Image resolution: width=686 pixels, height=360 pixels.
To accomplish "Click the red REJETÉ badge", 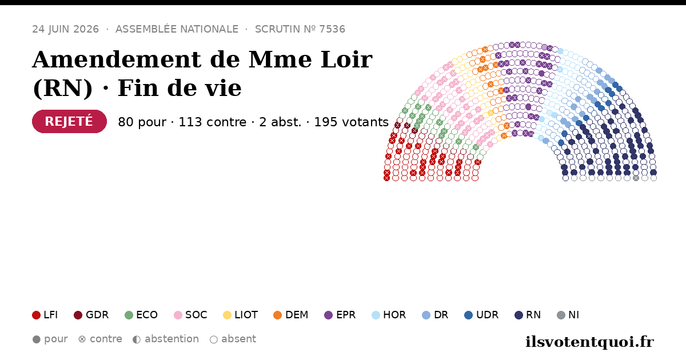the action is [x=69, y=122].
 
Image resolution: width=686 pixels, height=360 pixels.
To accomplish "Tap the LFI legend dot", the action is [x=36, y=315].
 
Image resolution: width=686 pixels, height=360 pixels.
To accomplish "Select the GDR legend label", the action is [x=97, y=315].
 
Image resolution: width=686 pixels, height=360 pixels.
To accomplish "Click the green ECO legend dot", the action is [x=129, y=315].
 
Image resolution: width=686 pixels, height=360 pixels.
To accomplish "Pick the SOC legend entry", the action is [x=190, y=315].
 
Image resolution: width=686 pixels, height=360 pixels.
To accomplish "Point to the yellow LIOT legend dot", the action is [x=227, y=315].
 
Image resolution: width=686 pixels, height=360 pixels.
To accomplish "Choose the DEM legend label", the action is [x=297, y=315].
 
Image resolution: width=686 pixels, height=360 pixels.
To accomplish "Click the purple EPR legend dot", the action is [x=328, y=315].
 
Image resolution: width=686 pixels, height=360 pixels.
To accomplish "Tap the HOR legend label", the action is [x=394, y=315].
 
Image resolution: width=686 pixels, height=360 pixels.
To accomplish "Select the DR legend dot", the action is [x=426, y=315].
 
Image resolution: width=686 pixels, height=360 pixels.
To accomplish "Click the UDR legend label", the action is [x=487, y=315].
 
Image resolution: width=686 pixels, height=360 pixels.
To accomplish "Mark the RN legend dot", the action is [x=519, y=315].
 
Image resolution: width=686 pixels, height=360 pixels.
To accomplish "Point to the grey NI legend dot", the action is [x=561, y=315].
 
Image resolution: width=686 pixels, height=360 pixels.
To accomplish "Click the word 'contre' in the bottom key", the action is [x=106, y=339].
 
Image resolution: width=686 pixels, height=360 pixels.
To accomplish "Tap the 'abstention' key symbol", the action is [x=137, y=339].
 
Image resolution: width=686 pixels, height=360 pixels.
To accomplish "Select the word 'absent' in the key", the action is [x=238, y=339].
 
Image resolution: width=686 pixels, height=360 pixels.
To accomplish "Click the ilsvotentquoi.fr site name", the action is [x=589, y=342].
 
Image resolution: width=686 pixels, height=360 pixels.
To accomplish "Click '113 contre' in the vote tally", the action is [x=212, y=122].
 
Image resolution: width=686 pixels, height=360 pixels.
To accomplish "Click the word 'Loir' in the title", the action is [x=346, y=59].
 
